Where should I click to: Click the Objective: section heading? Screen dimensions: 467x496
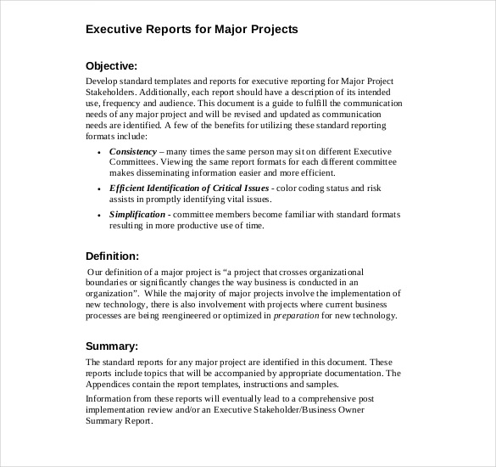coord(111,65)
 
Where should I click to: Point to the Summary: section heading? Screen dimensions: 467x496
coord(111,346)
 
